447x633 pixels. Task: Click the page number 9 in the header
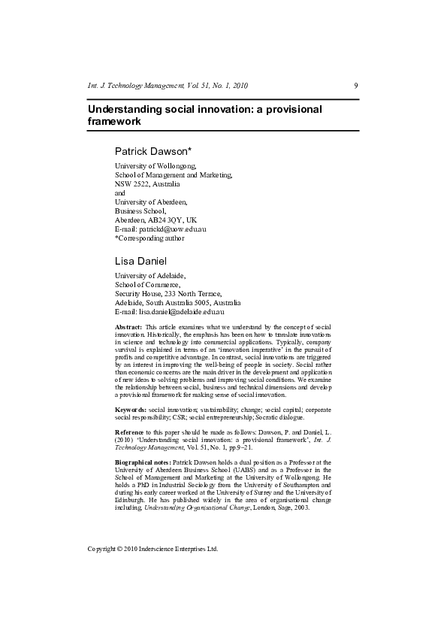355,85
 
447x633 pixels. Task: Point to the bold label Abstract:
128,327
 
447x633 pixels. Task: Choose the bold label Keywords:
131,408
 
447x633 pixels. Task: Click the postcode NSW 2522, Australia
147,183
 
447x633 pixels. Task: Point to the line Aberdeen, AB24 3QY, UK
156,220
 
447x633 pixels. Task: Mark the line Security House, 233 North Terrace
168,293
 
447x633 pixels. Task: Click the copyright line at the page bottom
153,549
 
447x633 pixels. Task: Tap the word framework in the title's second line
114,121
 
